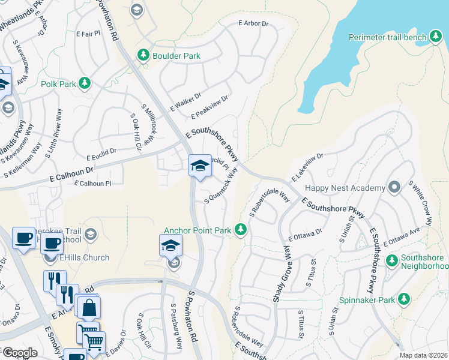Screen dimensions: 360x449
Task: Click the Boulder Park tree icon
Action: coord(143,56)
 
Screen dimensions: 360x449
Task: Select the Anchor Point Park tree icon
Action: coord(241,230)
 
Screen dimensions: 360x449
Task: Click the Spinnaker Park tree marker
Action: coord(404,299)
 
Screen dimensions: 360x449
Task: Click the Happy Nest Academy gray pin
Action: coord(394,187)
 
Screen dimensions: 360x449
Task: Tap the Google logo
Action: coord(20,353)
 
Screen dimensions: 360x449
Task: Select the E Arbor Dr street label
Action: coord(254,23)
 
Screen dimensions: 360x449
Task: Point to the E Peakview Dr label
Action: coord(209,107)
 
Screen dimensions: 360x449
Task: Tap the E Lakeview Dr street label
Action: coord(307,167)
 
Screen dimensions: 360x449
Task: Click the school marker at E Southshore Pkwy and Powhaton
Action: coord(199,166)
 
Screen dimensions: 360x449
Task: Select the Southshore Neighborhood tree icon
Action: coord(392,260)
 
